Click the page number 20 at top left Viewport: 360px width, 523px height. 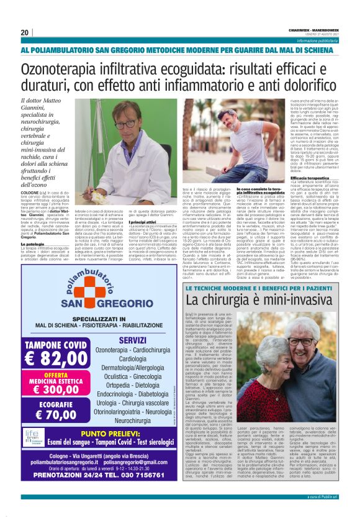pos(25,32)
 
